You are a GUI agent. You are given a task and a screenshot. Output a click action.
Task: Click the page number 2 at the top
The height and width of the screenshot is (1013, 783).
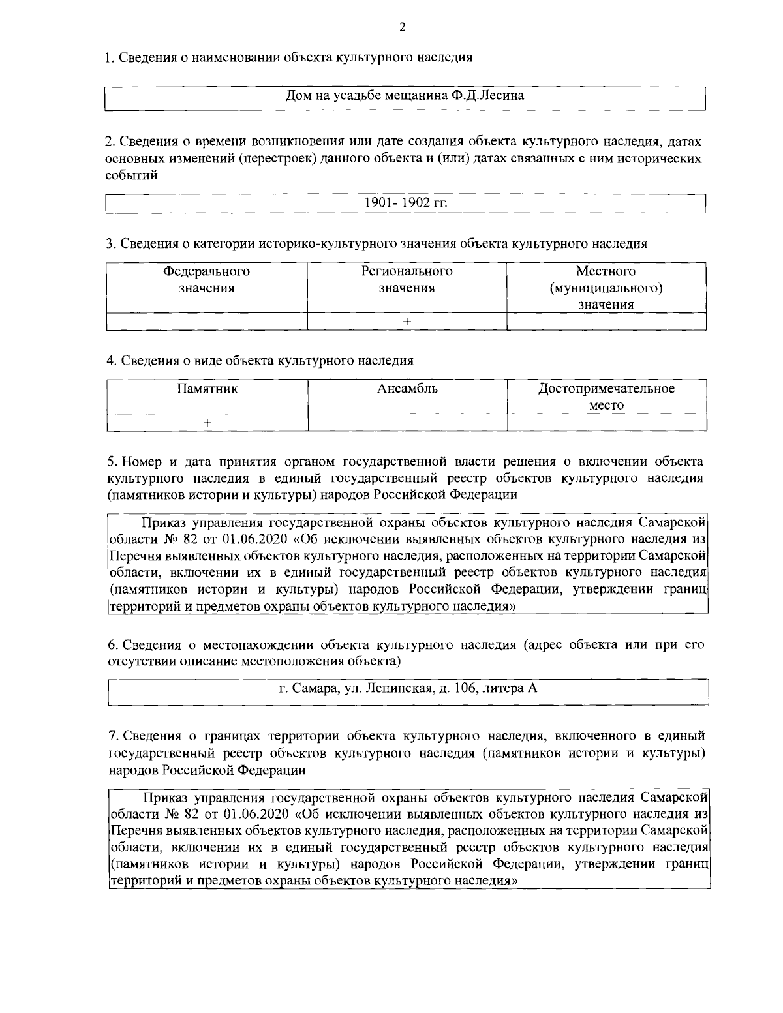coord(402,27)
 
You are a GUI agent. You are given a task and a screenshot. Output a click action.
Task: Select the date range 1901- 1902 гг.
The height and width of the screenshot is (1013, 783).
coord(405,202)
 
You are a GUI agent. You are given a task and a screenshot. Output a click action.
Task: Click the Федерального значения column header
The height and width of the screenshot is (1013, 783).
coord(206,280)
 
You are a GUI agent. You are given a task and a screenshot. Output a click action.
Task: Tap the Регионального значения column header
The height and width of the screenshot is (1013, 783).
coord(407,280)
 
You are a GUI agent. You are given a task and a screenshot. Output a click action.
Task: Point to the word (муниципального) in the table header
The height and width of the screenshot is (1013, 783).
coord(606,288)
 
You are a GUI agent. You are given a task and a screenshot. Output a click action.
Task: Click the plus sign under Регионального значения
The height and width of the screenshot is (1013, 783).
coord(407,322)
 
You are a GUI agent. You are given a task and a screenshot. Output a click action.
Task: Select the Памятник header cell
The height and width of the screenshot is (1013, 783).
coord(207,389)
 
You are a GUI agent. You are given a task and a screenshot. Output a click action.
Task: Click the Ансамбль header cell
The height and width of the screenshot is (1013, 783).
coord(407,389)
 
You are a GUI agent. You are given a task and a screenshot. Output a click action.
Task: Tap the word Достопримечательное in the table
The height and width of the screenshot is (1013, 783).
coord(606,389)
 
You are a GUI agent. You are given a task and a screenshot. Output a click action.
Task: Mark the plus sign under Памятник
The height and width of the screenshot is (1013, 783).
coord(207,423)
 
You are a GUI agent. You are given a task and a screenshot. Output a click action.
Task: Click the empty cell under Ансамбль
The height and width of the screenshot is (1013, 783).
coord(407,423)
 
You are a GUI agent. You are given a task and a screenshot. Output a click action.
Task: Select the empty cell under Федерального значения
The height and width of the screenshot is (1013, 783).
coord(206,322)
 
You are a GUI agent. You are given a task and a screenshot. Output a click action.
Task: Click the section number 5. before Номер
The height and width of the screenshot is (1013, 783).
coord(112,462)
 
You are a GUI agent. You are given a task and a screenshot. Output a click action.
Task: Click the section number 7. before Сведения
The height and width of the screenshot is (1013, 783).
coord(112,736)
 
